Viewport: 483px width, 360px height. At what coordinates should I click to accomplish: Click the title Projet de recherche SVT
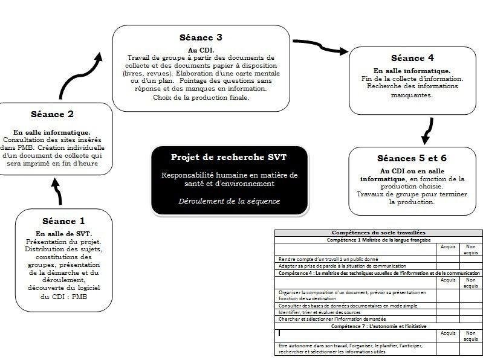tap(229, 157)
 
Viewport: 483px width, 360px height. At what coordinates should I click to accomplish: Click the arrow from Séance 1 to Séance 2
tap(59, 195)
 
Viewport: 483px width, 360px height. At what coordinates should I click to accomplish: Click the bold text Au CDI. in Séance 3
tap(201, 50)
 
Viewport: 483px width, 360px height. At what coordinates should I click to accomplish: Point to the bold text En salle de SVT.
tap(63, 234)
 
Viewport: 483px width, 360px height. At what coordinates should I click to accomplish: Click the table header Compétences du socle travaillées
tap(378, 233)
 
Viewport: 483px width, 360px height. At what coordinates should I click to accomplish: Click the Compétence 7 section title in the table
tap(378, 326)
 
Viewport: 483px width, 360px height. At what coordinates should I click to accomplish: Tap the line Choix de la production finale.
tap(201, 97)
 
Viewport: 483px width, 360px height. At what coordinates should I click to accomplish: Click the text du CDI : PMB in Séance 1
tap(63, 297)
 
